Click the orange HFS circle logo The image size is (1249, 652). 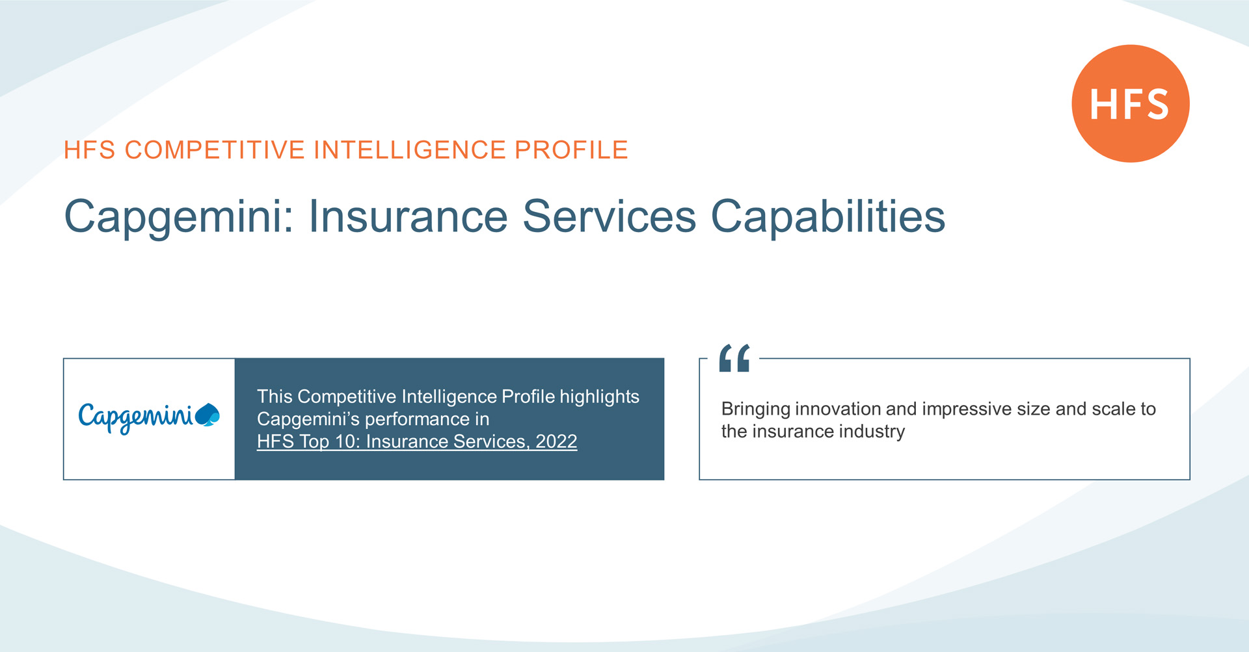[x=1131, y=103]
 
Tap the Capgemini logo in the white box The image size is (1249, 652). [x=149, y=417]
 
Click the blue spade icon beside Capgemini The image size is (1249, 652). [x=208, y=415]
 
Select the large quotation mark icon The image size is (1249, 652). [x=734, y=358]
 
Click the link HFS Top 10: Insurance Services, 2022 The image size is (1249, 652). [x=417, y=441]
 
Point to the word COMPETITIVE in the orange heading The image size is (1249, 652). [x=215, y=150]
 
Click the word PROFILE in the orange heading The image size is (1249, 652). [x=571, y=150]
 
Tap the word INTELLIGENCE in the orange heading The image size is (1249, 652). [x=410, y=150]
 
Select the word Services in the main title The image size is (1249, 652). [x=610, y=216]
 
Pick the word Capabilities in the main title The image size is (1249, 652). [x=827, y=216]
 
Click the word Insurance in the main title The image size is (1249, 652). [x=408, y=216]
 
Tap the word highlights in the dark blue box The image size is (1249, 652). [x=600, y=397]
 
